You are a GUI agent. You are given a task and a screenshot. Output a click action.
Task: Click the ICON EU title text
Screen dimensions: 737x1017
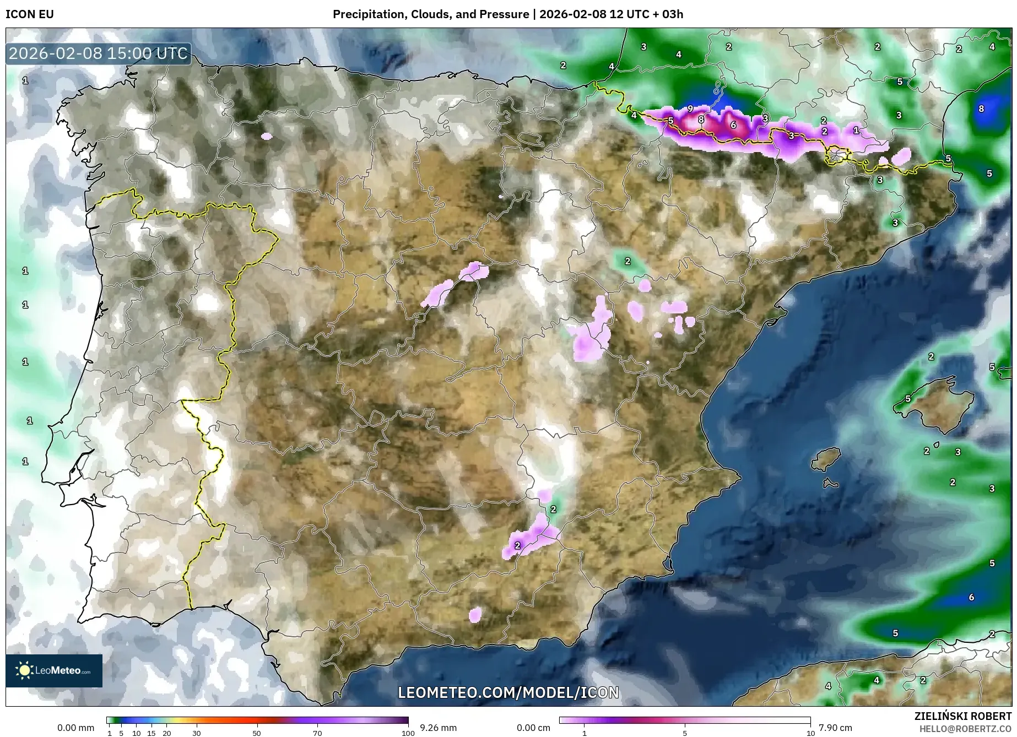point(30,14)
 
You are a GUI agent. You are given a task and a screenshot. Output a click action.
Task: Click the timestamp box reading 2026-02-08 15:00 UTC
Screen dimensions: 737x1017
point(99,53)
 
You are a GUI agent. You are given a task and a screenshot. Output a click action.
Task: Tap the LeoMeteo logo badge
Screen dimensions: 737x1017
point(54,670)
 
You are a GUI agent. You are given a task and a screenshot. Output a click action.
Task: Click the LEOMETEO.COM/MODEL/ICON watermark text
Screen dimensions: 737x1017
point(508,692)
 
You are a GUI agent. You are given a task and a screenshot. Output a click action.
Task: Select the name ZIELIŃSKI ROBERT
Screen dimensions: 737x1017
point(963,717)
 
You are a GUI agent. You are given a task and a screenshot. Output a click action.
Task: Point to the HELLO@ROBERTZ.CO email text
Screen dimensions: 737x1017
point(966,728)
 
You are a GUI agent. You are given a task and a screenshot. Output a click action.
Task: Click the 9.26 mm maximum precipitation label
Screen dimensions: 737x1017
point(438,728)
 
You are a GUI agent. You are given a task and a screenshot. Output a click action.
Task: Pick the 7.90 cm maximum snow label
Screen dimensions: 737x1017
point(835,728)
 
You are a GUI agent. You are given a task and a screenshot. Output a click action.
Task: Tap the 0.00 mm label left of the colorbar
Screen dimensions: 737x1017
point(75,728)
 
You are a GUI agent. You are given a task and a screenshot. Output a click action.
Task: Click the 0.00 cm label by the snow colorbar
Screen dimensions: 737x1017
point(533,728)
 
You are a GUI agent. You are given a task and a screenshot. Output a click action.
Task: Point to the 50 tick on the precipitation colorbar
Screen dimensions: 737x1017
point(257,733)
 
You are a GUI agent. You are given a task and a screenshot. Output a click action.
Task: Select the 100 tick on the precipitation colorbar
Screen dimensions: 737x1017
point(408,733)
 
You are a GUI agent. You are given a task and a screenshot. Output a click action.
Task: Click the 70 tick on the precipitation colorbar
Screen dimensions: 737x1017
point(317,733)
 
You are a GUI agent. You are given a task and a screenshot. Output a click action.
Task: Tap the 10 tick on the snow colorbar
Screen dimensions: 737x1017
point(810,733)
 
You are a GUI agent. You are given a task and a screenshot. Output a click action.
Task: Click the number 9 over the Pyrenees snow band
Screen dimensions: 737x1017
point(690,109)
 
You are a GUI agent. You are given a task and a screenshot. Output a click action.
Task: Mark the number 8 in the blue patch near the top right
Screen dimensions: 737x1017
point(981,109)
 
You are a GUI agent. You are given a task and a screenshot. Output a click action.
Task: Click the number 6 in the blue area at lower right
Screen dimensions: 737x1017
point(971,597)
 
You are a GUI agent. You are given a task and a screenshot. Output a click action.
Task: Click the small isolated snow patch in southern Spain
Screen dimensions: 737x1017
point(475,615)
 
